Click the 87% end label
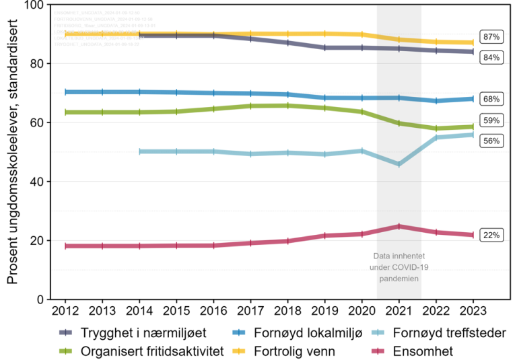click(x=491, y=37)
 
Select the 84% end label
click(x=491, y=58)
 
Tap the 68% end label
click(x=491, y=99)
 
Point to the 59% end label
click(x=491, y=121)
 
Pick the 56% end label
click(x=491, y=141)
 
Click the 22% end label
click(x=491, y=235)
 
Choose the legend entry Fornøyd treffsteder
click(x=444, y=332)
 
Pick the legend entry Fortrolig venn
click(x=289, y=351)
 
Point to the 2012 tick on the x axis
click(x=65, y=311)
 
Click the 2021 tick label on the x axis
click(x=399, y=311)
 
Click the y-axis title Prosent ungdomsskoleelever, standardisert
click(x=13, y=151)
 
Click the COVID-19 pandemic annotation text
click(x=399, y=267)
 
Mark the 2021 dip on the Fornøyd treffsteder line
click(x=399, y=164)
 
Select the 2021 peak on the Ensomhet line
click(x=399, y=226)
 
